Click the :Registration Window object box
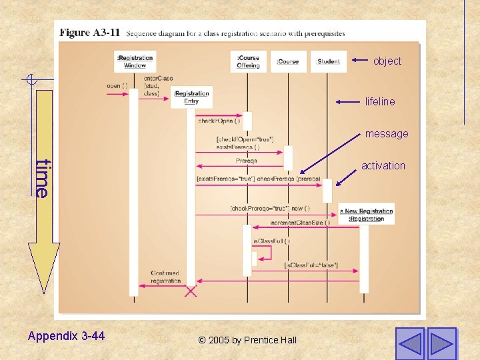coord(135,61)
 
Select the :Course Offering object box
coord(248,61)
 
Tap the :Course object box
coord(288,61)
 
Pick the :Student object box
coord(328,61)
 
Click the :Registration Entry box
coord(191,97)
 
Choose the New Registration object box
coord(367,214)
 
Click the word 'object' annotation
coord(387,61)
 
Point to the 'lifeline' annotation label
coord(380,102)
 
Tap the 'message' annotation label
coord(387,134)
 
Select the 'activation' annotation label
coord(383,166)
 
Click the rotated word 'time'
coord(43,178)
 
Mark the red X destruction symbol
coord(191,290)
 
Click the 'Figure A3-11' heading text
coord(90,32)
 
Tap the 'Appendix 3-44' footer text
coord(66,336)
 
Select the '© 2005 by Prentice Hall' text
coord(247,340)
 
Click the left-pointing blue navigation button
coord(409,343)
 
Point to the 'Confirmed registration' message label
coord(165,277)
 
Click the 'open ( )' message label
coord(117,85)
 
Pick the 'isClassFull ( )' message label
coord(271,240)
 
